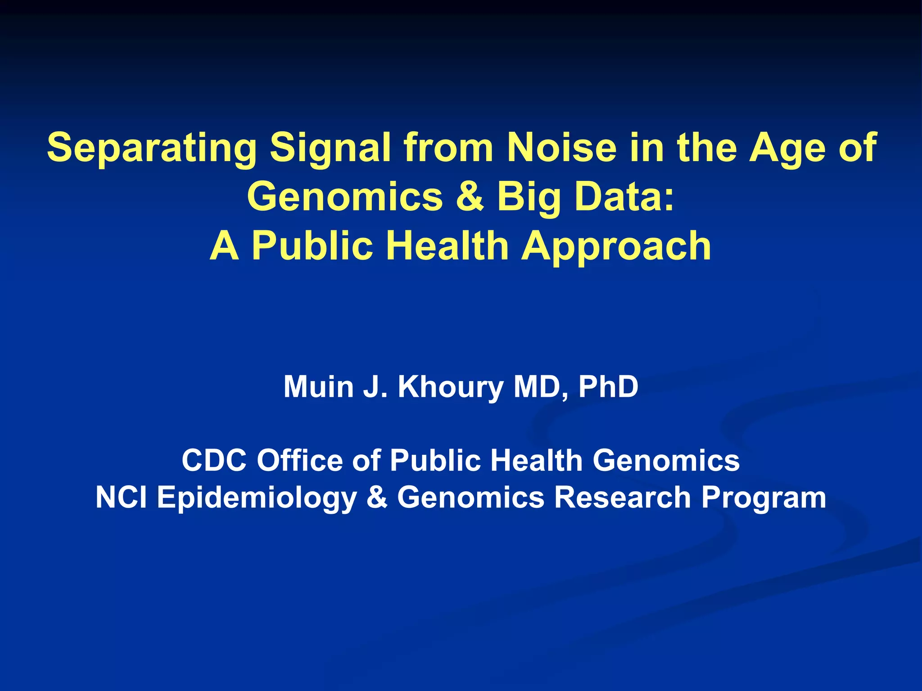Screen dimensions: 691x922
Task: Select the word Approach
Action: click(616, 247)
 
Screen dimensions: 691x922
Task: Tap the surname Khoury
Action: click(451, 387)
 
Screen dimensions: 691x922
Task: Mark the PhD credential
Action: click(608, 386)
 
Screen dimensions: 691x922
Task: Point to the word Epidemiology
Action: click(257, 498)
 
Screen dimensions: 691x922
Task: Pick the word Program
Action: click(764, 498)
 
